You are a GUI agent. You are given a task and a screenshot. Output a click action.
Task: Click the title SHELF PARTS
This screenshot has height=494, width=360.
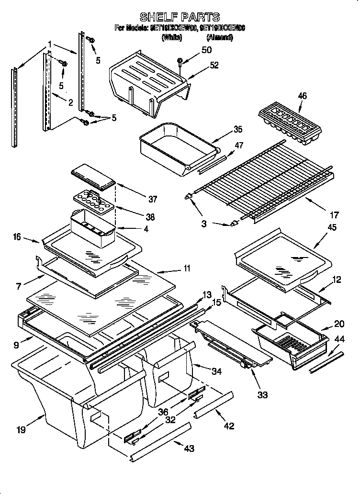[180, 18]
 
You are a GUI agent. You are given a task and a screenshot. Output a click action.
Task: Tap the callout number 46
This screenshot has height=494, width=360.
[302, 96]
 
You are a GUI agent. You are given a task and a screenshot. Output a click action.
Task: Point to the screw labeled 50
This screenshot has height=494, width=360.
[180, 61]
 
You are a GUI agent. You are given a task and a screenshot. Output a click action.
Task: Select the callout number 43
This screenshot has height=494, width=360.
[190, 448]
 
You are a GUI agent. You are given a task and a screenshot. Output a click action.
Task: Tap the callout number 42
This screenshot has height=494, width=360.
[229, 426]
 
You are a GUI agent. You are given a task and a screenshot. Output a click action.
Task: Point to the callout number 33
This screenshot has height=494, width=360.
[263, 395]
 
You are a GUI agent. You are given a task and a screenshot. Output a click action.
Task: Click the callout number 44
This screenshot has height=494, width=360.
[339, 339]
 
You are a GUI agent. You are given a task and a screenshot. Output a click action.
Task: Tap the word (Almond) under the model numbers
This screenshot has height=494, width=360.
[219, 37]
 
